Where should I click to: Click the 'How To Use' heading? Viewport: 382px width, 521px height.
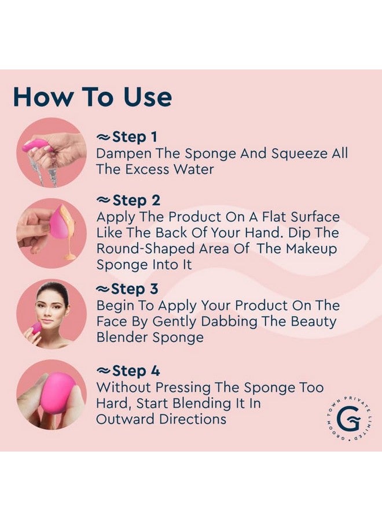coord(92,97)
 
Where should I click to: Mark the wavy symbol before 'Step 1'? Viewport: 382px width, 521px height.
coord(103,138)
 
